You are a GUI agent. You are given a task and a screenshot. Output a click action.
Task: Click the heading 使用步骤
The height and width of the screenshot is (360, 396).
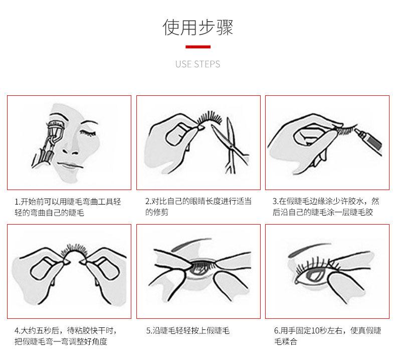click(x=197, y=27)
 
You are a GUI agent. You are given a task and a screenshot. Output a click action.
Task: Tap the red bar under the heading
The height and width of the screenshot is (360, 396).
click(x=198, y=47)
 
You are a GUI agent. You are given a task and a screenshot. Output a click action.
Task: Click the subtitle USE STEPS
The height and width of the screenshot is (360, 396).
click(x=197, y=64)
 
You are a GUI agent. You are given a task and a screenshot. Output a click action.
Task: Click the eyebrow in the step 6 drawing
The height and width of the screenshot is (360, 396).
click(x=309, y=249)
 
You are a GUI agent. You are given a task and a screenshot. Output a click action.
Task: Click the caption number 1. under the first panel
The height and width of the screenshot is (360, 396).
click(x=18, y=202)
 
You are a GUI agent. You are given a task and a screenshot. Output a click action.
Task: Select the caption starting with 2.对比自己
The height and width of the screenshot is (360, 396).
click(x=199, y=207)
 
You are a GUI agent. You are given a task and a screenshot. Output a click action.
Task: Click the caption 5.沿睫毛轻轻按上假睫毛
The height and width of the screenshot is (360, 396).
click(x=187, y=330)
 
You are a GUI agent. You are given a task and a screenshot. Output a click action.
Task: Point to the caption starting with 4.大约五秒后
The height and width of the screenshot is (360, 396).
click(x=65, y=336)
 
